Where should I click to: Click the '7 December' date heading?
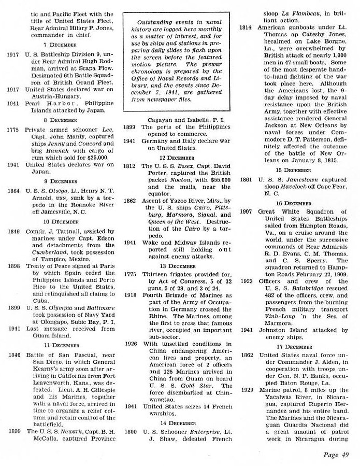(x=63, y=45)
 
